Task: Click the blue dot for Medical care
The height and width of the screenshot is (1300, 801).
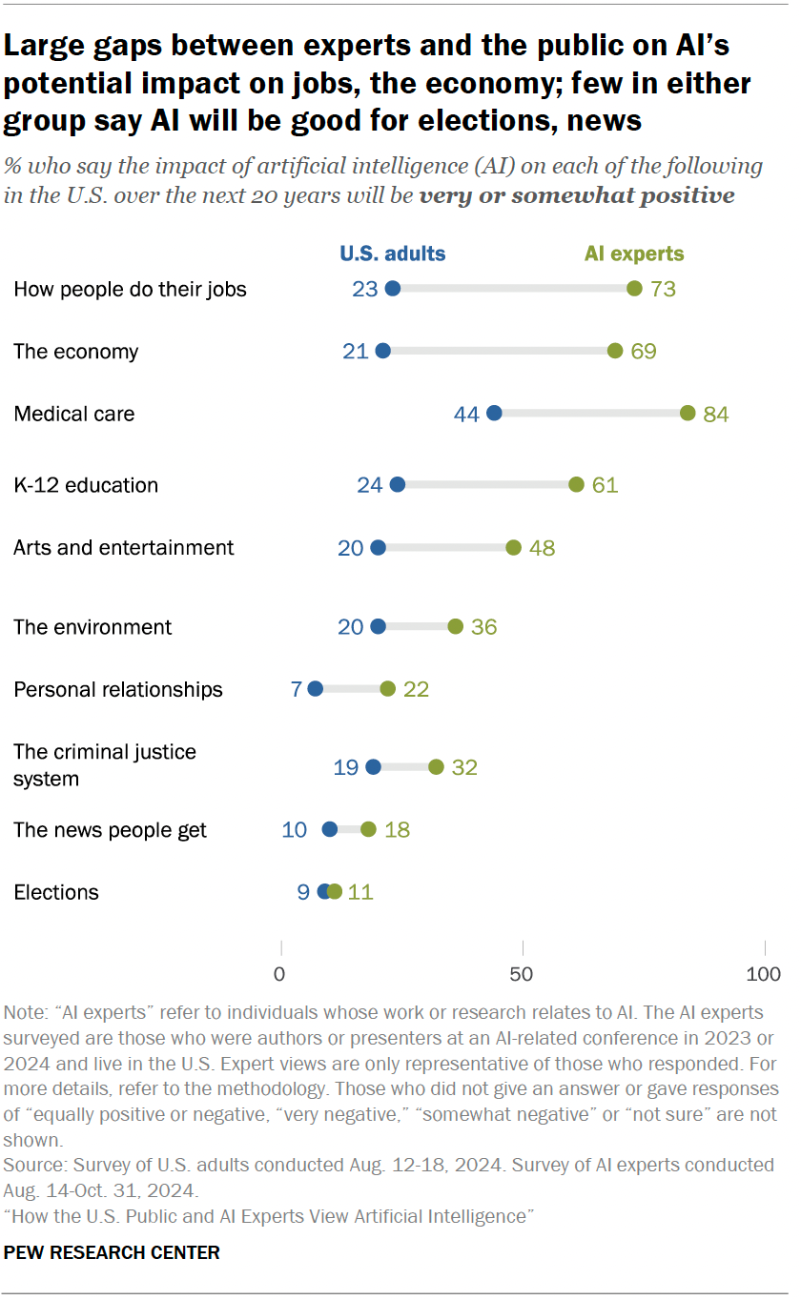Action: pos(494,413)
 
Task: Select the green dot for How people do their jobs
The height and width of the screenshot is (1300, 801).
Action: pos(634,289)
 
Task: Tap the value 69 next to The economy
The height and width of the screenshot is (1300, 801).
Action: pos(644,351)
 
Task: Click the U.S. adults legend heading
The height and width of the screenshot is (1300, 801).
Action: pos(393,254)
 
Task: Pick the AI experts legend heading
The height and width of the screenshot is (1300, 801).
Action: pos(634,254)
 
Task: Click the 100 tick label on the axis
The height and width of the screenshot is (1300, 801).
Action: pos(763,974)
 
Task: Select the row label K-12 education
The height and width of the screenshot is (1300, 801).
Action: pos(86,485)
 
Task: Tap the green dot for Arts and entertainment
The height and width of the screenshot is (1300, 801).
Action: pos(513,547)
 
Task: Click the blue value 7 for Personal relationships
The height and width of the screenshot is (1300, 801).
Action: pos(297,689)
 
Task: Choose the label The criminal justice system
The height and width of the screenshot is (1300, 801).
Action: pos(105,764)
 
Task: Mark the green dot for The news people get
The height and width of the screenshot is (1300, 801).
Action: pos(368,829)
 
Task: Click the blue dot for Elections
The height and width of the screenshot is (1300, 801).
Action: pos(324,891)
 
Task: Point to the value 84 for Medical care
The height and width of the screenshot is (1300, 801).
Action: pos(715,414)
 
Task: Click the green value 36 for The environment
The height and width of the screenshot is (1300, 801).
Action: pos(483,627)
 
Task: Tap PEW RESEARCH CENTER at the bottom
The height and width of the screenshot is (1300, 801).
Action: pos(112,1252)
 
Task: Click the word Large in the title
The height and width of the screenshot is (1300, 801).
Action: pos(51,45)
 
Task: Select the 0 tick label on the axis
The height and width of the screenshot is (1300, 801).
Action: pos(280,974)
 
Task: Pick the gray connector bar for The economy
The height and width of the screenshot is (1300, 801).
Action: pos(499,351)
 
